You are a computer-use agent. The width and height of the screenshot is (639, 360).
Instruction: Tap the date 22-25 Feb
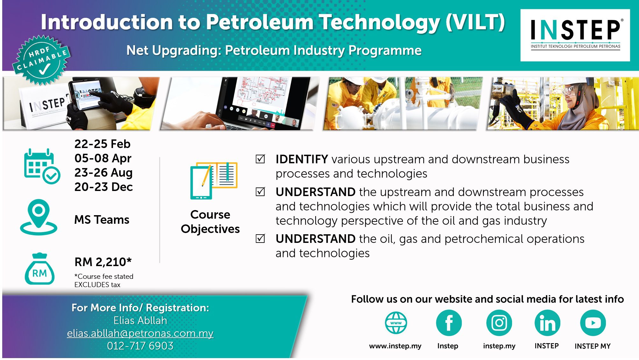(103, 144)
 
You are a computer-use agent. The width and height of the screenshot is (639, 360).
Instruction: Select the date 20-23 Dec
(103, 187)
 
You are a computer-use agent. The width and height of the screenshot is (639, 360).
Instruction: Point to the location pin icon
(39, 217)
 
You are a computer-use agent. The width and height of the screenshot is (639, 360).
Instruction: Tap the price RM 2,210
(103, 262)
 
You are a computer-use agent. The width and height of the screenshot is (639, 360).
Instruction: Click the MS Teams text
(102, 220)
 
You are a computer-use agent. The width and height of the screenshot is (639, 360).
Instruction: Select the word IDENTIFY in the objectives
(302, 159)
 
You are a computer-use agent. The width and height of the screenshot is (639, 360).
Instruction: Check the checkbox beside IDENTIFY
(260, 159)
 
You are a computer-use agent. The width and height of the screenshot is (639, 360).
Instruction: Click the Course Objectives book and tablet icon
(214, 180)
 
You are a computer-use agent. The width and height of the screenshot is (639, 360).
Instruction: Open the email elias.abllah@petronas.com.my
(140, 333)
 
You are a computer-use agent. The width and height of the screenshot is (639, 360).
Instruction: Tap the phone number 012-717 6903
(140, 346)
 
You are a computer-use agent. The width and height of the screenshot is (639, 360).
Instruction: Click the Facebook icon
(449, 323)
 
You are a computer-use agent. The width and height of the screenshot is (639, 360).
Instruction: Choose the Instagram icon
(499, 323)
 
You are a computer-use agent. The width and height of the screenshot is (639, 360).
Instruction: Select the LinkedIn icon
(547, 323)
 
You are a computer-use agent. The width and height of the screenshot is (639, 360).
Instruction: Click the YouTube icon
(593, 323)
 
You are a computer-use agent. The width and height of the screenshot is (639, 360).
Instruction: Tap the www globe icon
(396, 323)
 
